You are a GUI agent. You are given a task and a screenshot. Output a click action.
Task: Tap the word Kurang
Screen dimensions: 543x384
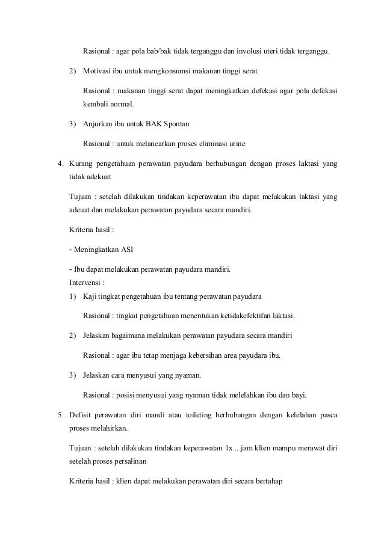(x=82, y=164)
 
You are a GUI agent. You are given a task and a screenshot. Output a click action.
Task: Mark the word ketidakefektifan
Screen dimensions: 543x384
(x=236, y=315)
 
